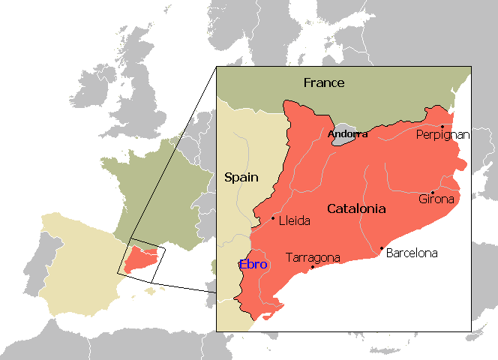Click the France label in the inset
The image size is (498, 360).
point(324,82)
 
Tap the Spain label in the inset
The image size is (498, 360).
point(241,178)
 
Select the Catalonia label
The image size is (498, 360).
point(356,208)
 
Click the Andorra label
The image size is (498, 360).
point(348,134)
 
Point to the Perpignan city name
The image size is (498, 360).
point(443,136)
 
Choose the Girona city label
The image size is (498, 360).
point(436,199)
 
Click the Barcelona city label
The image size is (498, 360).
point(412,253)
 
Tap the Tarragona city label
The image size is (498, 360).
point(313,257)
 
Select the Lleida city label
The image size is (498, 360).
point(294,220)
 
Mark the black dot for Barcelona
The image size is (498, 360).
point(382,248)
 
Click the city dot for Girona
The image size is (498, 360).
point(433,192)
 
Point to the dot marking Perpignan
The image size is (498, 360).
point(442,126)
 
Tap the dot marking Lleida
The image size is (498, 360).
point(273,218)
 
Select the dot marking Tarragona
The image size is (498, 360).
point(312,266)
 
